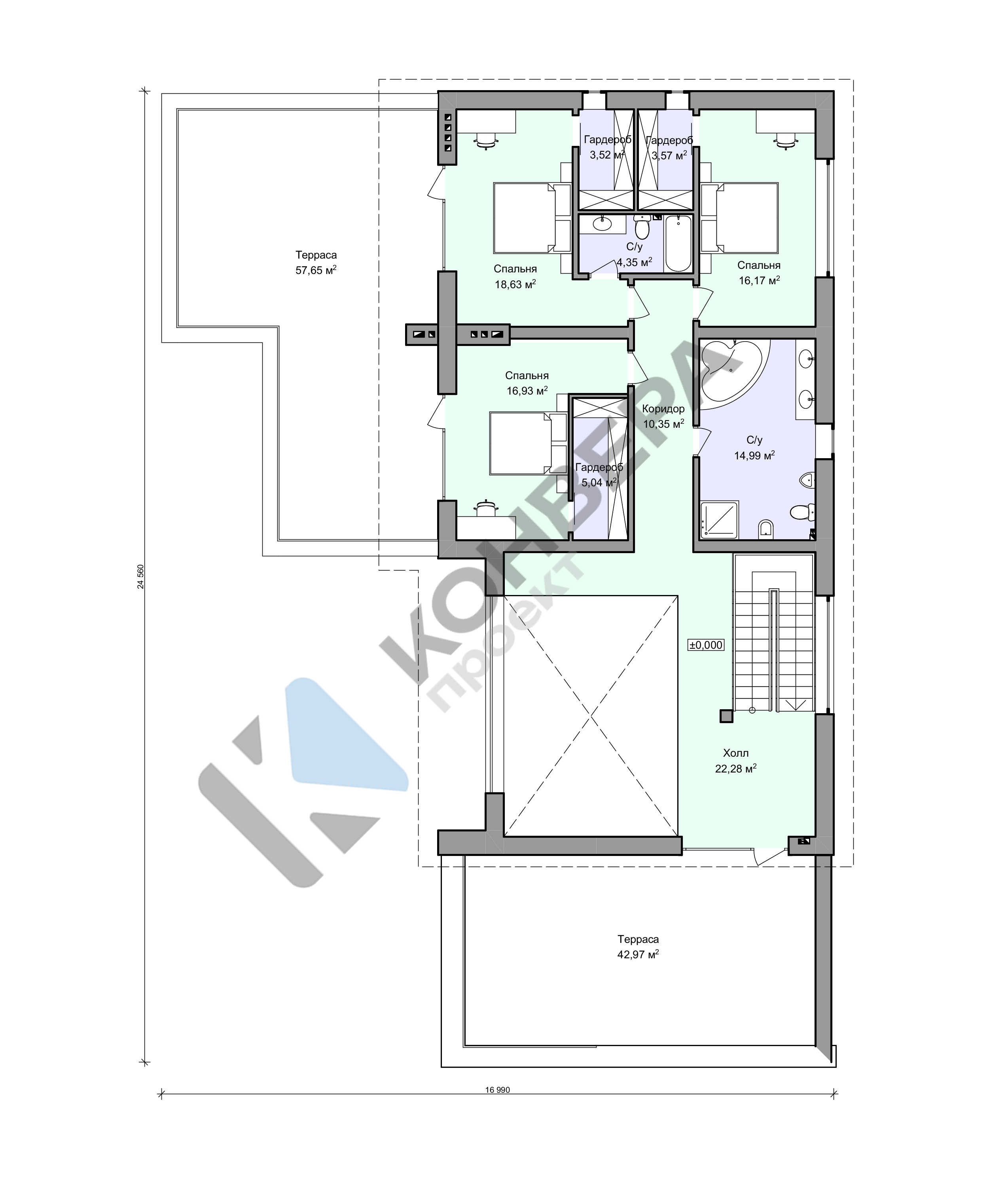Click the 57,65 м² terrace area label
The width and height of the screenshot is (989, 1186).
coord(316,270)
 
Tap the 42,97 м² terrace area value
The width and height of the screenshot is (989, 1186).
coord(638,955)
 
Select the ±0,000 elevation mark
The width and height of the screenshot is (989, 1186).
coord(706,645)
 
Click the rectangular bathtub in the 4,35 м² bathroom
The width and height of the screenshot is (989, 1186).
coord(678,244)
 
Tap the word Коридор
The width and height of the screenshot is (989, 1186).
coord(663,409)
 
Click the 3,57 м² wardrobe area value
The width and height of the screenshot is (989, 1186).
coord(669,155)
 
